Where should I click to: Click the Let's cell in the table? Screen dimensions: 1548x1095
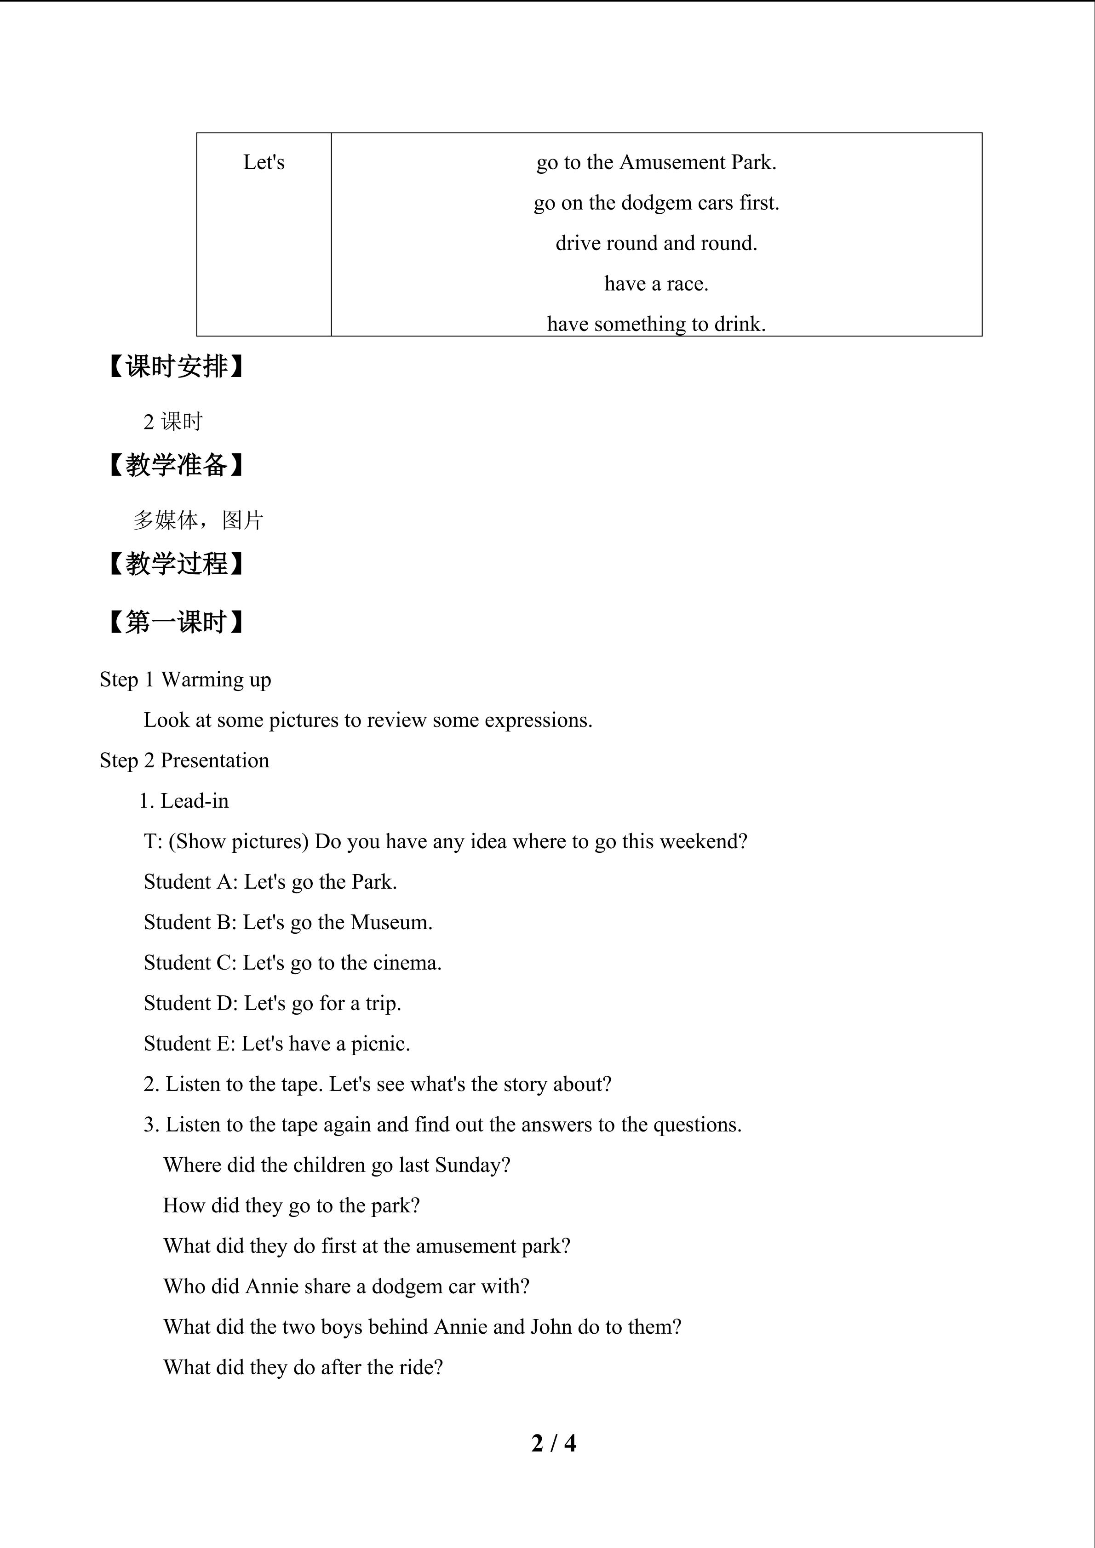[264, 162]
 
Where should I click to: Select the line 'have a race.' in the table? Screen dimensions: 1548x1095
[656, 284]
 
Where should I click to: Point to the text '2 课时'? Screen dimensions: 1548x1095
[172, 422]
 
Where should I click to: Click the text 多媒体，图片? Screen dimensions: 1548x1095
[198, 520]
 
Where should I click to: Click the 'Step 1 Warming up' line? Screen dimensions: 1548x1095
[185, 680]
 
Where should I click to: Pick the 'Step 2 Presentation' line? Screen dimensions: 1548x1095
[184, 760]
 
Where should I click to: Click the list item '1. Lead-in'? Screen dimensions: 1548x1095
[184, 801]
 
